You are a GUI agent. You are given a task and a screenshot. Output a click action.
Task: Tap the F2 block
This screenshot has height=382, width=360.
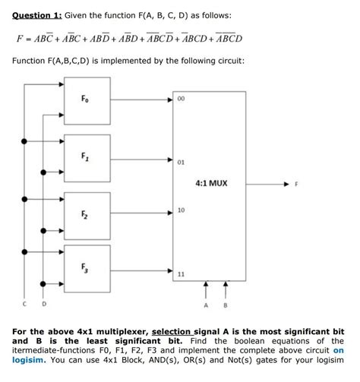pos(87,214)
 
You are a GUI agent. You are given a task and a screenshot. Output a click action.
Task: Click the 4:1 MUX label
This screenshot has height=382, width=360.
pos(211,183)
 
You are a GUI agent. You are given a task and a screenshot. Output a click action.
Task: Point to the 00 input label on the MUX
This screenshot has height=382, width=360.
pos(181,98)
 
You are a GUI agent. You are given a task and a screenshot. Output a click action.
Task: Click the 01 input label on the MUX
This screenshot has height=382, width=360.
pos(181,162)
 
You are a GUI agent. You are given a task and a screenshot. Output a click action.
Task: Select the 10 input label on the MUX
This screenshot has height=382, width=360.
pos(181,210)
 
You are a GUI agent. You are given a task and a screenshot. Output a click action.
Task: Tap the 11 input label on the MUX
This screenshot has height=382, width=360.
pos(181,273)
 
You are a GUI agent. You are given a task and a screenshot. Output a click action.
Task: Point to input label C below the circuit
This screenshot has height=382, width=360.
pos(26,304)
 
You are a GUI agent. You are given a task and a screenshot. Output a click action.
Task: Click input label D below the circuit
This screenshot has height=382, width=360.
pos(43,304)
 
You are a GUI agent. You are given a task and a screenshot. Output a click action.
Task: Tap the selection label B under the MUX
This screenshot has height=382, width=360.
pos(226,304)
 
